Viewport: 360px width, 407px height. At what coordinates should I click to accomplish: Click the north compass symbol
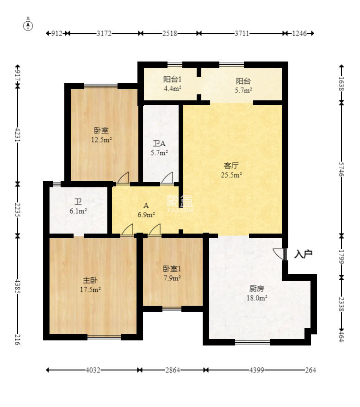tap(28, 25)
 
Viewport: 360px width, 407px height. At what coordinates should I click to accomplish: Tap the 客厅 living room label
tap(231, 165)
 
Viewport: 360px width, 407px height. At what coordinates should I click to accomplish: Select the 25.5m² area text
tap(231, 175)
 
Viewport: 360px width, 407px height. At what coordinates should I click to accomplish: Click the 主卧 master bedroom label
tap(90, 280)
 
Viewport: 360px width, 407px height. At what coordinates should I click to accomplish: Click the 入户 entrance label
tap(304, 253)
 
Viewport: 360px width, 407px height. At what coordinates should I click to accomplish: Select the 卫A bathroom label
tap(159, 143)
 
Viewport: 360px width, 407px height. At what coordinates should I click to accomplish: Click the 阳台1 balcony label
tap(172, 79)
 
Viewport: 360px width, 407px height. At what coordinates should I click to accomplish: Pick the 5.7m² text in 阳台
tap(244, 90)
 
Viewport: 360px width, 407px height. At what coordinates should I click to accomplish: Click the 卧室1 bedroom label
tap(172, 269)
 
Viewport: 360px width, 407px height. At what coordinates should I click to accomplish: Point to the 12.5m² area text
tap(101, 140)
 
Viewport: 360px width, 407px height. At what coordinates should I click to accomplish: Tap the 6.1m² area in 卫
tap(78, 211)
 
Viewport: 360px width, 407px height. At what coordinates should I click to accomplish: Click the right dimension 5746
tap(341, 169)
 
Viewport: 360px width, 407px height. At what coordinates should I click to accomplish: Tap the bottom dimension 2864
tap(172, 370)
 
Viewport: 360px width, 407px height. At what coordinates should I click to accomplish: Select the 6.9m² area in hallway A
tap(146, 215)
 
